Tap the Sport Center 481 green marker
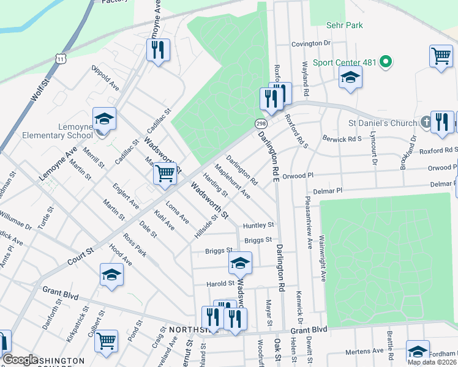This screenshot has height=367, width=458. click(x=386, y=62)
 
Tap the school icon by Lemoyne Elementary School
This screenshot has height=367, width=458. click(x=104, y=119)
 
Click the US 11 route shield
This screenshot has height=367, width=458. click(x=60, y=58)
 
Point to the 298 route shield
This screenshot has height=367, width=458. click(x=260, y=124)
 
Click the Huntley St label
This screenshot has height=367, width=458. click(x=258, y=225)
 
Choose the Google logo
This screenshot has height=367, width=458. click(x=20, y=360)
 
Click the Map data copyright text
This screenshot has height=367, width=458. click(x=432, y=362)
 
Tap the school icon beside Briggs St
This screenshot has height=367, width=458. click(x=240, y=264)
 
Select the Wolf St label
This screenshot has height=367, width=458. click(x=37, y=91)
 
